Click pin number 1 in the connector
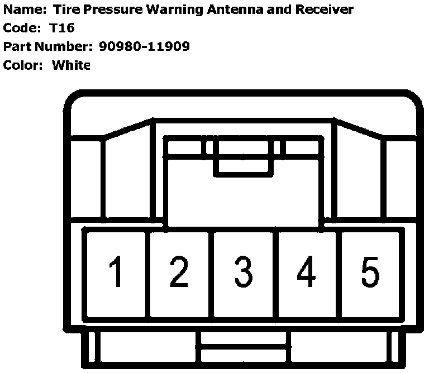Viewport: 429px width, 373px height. coord(116,272)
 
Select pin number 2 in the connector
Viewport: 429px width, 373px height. coord(179,272)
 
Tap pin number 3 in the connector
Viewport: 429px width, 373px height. coord(243,272)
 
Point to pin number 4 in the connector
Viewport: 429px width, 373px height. coord(306,272)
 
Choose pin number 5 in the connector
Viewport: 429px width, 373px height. coord(370,272)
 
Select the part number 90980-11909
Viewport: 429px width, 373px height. coord(145,46)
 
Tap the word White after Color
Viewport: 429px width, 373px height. coord(71,65)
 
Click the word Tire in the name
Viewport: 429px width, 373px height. coord(63,9)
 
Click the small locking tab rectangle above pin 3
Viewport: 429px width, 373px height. coord(243,166)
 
